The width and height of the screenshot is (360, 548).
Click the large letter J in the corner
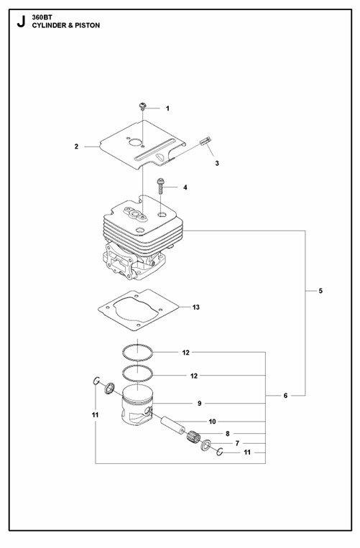21,22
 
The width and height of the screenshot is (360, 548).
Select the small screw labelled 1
142,106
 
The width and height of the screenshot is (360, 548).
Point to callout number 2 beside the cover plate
76,147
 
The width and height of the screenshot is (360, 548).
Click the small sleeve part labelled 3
206,141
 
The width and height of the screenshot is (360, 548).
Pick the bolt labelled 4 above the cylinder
160,186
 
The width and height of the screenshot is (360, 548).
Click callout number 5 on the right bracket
320,291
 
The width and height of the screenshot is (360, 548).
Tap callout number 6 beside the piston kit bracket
285,396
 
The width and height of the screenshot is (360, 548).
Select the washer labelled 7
206,445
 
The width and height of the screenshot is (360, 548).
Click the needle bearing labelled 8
193,437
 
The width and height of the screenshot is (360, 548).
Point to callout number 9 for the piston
199,404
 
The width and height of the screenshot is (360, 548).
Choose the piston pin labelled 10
172,424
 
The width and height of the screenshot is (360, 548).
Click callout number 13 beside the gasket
195,307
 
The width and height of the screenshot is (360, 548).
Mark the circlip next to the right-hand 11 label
220,452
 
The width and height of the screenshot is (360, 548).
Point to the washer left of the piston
110,388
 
